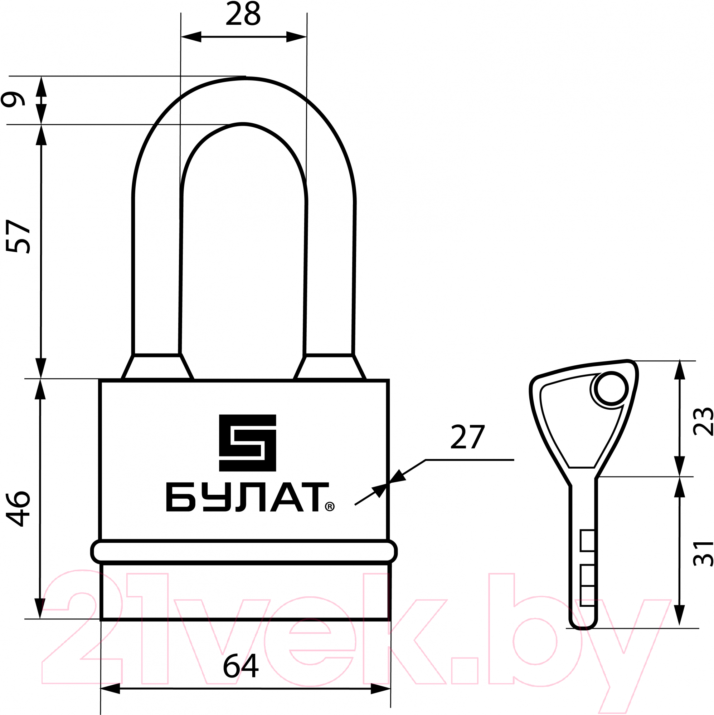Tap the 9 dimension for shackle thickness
(13, 99)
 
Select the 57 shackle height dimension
(18, 237)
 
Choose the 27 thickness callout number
(468, 437)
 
